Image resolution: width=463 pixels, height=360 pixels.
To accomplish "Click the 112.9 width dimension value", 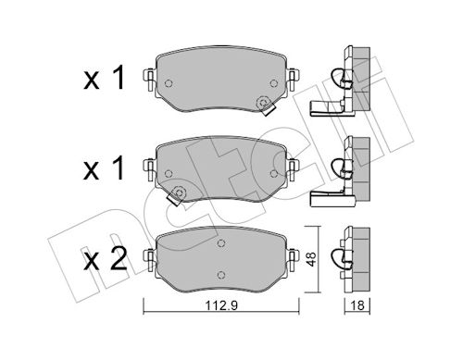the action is coord(221,305).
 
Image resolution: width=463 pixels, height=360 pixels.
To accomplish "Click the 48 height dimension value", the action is coord(311,259).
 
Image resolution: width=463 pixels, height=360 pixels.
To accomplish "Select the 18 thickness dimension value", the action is coord(357,305).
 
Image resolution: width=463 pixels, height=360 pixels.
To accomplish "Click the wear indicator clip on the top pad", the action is coord(266,106).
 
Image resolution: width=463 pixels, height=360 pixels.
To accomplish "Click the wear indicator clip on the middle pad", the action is coord(176,196).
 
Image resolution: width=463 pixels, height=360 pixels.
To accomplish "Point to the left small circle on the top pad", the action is coord(169,83).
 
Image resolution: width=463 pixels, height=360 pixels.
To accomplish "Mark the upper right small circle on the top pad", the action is coord(273,83).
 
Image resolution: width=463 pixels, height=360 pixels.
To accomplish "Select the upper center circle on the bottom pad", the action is coord(220,243).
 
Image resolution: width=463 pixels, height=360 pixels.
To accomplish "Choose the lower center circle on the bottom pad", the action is coord(220,275).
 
